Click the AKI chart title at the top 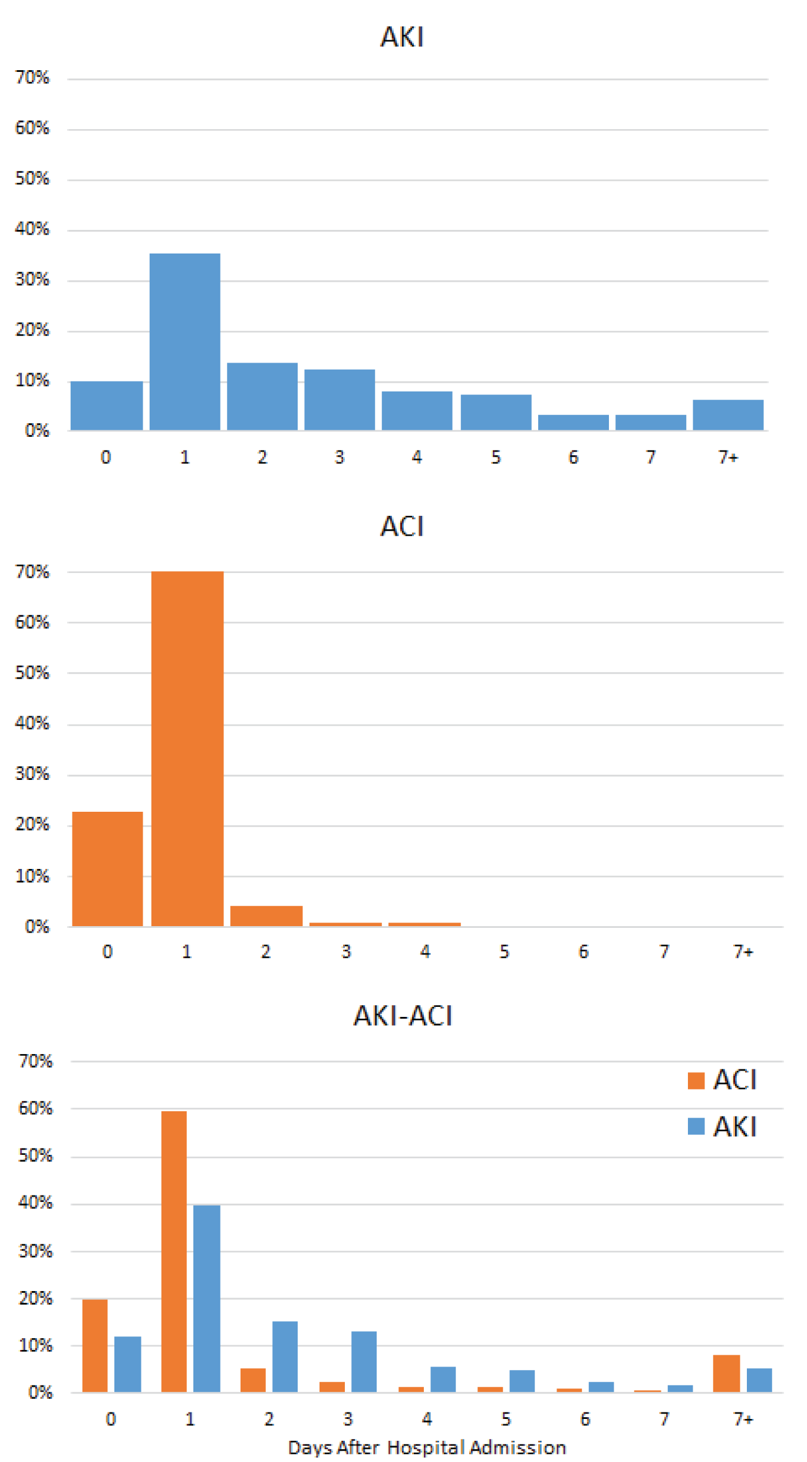(401, 37)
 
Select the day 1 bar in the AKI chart (185, 342)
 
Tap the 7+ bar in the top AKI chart (728, 415)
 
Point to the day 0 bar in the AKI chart (106, 406)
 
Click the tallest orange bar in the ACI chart (187, 749)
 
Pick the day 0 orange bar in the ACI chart (107, 869)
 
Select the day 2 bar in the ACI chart (266, 916)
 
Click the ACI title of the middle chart (401, 526)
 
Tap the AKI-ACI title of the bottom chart (403, 1016)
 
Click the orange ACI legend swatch (696, 1081)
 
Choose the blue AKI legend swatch (696, 1127)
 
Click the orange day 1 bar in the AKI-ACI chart (174, 1252)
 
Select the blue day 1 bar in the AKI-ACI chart (206, 1299)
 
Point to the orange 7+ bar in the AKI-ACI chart (726, 1374)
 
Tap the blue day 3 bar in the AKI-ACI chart (364, 1362)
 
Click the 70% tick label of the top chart (32, 77)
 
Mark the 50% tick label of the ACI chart (32, 673)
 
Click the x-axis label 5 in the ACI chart (504, 951)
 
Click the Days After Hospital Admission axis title (427, 1448)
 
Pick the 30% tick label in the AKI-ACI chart (35, 1251)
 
